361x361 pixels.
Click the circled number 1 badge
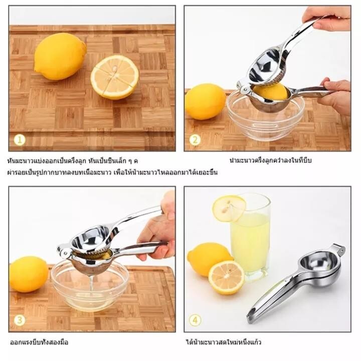[x=20, y=140]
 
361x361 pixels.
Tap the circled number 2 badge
[x=195, y=140]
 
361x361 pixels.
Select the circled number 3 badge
[x=20, y=320]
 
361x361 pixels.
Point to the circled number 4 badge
[x=195, y=320]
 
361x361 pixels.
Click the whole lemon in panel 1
[x=60, y=56]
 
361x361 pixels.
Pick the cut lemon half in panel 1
[x=115, y=77]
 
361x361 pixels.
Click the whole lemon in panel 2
[x=205, y=101]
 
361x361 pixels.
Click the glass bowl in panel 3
[x=90, y=285]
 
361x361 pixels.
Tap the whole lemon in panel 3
[x=29, y=274]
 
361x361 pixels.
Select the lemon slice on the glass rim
[x=229, y=209]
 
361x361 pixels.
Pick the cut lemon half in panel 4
[x=226, y=277]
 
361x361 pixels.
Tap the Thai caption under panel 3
[x=39, y=342]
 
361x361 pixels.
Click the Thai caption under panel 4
[x=224, y=342]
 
